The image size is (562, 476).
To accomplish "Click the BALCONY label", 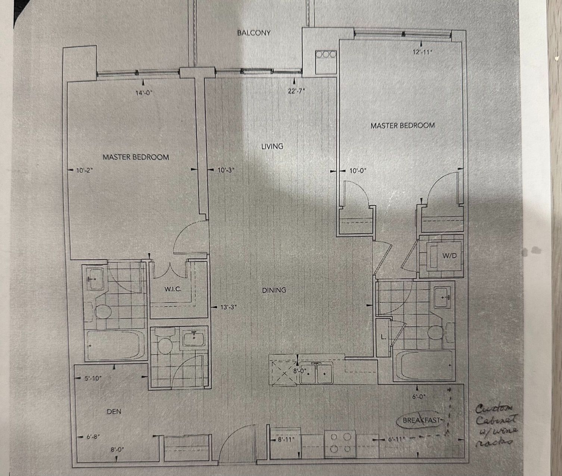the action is click(x=254, y=33).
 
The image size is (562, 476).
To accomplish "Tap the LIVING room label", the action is click(x=272, y=147).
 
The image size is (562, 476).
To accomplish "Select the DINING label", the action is click(x=274, y=290).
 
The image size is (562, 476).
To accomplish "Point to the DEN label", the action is click(x=114, y=411).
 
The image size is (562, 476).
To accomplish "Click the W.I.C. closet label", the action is click(x=173, y=289).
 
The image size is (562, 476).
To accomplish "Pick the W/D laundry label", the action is click(x=449, y=256).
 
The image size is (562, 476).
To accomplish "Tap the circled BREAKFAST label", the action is click(x=421, y=420).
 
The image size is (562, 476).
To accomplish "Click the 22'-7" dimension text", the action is click(x=296, y=91).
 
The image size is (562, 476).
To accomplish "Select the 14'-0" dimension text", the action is click(x=144, y=93).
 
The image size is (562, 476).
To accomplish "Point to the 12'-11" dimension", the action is click(x=422, y=52).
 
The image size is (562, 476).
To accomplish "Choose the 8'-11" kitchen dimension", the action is click(x=286, y=439).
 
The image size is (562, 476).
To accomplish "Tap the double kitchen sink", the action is click(x=316, y=373).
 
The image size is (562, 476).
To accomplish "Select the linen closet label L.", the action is click(x=383, y=337).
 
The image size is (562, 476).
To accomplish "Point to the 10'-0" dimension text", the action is click(x=358, y=171).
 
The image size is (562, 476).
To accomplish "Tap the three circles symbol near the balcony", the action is click(x=326, y=54).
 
